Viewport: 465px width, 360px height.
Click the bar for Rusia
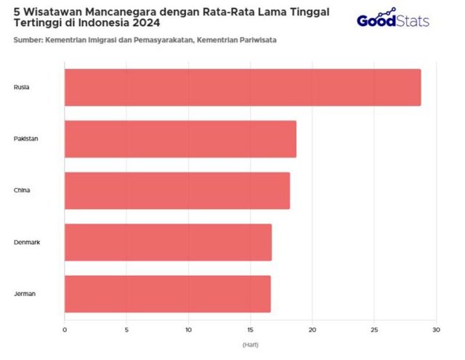pos(243,88)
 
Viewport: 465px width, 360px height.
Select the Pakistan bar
pos(180,139)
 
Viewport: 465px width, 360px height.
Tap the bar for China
pos(177,191)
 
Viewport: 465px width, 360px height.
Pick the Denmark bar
pos(168,242)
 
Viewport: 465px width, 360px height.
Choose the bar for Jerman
pos(167,294)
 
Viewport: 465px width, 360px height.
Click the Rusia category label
pos(22,88)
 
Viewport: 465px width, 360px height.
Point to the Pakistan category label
pos(25,139)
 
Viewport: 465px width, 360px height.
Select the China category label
pos(22,191)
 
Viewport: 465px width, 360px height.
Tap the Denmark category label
pos(27,242)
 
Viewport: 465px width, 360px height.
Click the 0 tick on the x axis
pos(65,330)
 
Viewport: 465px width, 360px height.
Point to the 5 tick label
pos(126,330)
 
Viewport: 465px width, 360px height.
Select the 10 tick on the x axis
pos(188,330)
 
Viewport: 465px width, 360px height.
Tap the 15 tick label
pos(251,330)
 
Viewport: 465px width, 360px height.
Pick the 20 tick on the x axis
pos(312,330)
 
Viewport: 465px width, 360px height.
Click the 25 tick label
pos(374,330)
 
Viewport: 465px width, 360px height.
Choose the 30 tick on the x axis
pos(436,330)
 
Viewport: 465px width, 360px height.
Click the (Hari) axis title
pos(250,344)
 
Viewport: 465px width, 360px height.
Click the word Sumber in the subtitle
pos(27,39)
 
